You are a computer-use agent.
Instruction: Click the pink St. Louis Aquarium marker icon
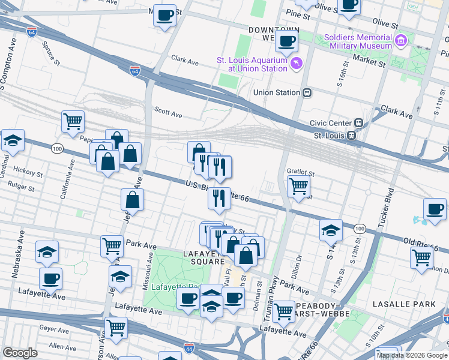tap(296, 64)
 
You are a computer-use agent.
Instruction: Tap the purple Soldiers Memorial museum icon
tap(401, 41)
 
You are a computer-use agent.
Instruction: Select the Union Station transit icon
tap(307, 92)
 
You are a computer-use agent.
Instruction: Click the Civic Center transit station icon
tap(358, 123)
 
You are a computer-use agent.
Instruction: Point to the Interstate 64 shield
tap(135, 71)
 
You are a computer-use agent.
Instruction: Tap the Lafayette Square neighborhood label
tap(195, 257)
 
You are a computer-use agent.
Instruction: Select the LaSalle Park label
tap(403, 304)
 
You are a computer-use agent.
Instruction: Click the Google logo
tap(20, 353)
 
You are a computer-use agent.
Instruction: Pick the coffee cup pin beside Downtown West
tap(286, 42)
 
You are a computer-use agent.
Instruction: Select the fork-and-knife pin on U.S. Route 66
tap(220, 197)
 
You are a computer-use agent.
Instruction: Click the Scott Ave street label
tap(168, 112)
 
